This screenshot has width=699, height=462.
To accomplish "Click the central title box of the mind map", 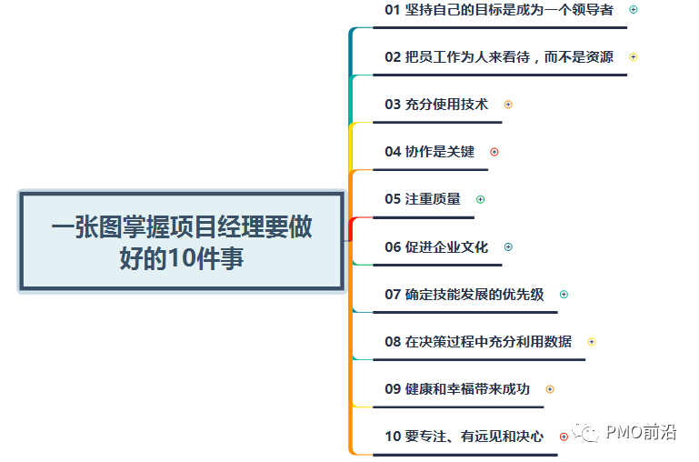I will click(182, 241).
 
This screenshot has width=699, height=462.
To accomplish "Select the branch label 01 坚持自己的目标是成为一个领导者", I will click(498, 10).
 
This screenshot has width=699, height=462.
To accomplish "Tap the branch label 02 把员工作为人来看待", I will click(498, 57).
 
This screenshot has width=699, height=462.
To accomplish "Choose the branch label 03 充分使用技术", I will click(436, 105).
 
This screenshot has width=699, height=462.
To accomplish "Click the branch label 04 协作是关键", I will click(429, 152).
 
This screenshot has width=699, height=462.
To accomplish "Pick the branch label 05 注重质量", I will click(423, 199).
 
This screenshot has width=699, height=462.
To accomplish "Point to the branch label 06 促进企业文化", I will click(436, 246).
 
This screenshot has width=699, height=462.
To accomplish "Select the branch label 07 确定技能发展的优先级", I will click(464, 295).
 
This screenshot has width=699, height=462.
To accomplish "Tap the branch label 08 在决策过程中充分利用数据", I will click(478, 342).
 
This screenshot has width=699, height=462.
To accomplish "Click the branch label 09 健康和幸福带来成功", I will click(456, 389).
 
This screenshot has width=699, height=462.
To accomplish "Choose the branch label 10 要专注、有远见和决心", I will click(464, 437).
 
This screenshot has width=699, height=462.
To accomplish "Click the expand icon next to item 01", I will click(634, 10).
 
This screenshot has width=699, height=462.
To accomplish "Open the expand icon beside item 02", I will click(634, 57).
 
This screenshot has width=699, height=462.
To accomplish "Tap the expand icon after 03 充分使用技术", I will click(508, 105).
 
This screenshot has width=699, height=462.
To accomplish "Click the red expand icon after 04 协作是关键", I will click(494, 152).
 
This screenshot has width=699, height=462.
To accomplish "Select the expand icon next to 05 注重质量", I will click(481, 199).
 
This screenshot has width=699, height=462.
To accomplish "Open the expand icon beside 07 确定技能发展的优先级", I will click(564, 295).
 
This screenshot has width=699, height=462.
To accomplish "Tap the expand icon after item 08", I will click(592, 342).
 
